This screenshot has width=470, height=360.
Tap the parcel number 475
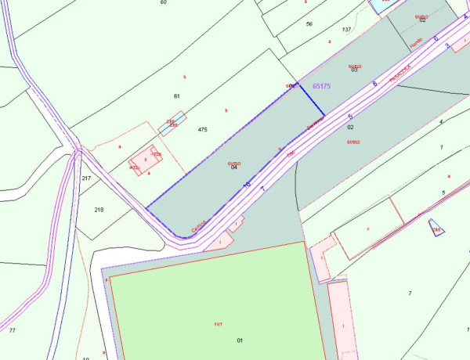203,129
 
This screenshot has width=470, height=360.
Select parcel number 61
177,95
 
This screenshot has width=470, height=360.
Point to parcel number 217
86,178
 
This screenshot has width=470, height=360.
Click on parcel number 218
99,210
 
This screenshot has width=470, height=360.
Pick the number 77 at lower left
12,331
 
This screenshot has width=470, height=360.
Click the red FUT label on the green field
219,323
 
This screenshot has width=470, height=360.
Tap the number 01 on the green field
240,340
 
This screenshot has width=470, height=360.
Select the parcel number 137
347,30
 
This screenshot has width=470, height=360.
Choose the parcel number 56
309,24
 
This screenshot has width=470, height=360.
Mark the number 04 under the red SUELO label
234,168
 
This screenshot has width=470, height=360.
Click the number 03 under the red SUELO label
354,71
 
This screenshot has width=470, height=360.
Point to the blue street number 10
247,184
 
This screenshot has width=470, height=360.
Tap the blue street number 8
375,82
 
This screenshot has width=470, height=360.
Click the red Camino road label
198,226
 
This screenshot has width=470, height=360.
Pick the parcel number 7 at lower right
410,293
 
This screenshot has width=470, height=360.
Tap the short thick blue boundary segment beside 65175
311,98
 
